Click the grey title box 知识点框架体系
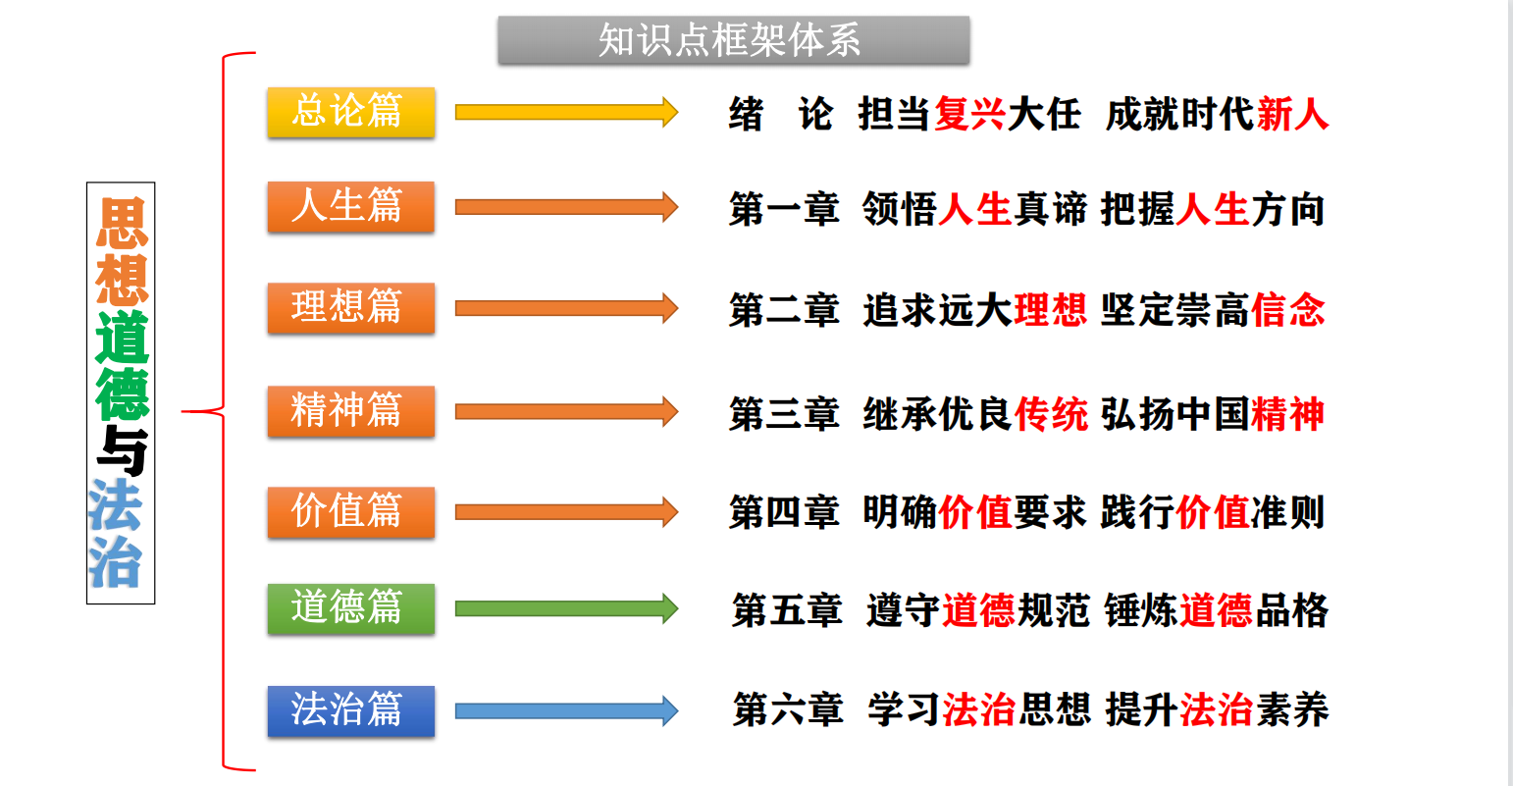point(733,40)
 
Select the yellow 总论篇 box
point(350,111)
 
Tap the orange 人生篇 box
point(350,206)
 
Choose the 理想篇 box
point(350,307)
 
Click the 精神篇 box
point(350,410)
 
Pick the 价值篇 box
point(350,511)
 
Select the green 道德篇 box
point(350,607)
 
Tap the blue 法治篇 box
point(350,709)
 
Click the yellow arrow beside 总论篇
point(566,112)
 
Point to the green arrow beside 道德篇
point(566,608)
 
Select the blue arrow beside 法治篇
point(566,710)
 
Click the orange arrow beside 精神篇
point(566,411)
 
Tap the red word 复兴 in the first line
point(969,115)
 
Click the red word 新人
point(1292,115)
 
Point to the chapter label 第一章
point(784,210)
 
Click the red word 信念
point(1288,311)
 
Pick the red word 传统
point(1051,414)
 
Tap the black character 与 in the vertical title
point(122,451)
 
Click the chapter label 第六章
point(788,709)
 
